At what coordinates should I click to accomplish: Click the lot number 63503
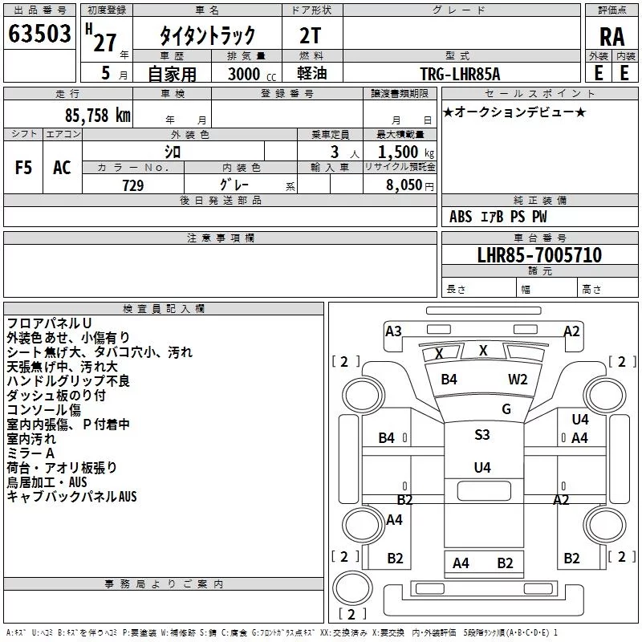[x=39, y=34]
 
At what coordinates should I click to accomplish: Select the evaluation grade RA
[x=612, y=37]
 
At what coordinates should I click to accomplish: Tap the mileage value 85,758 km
[x=97, y=116]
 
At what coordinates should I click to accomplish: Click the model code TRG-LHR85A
[x=460, y=74]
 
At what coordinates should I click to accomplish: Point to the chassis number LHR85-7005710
[x=539, y=255]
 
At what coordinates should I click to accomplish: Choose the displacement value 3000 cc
[x=252, y=74]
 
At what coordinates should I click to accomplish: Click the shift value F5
[x=23, y=168]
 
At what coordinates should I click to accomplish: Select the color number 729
[x=133, y=185]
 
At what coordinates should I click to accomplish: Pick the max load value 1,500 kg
[x=406, y=152]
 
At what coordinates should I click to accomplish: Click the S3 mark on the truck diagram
[x=482, y=434]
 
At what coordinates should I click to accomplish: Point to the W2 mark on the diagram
[x=518, y=379]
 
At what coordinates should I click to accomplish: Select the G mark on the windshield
[x=506, y=408]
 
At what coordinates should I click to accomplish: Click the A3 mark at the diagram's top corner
[x=393, y=331]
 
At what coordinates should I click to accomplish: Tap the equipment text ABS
[x=461, y=217]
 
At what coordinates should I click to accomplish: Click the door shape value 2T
[x=311, y=36]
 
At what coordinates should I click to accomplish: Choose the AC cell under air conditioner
[x=62, y=168]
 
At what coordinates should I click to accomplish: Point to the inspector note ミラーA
[x=30, y=453]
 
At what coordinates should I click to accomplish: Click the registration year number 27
[x=104, y=43]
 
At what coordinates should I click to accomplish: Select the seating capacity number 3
[x=335, y=152]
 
